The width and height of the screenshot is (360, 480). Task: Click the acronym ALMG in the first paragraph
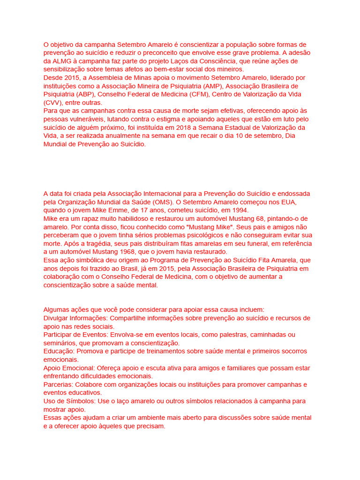point(62,61)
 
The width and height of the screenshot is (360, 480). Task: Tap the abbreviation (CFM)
point(199,95)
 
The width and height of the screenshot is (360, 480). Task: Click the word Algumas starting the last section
point(57,310)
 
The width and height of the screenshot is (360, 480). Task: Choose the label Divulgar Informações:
point(75,318)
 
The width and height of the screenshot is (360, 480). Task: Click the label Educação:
point(59,351)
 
